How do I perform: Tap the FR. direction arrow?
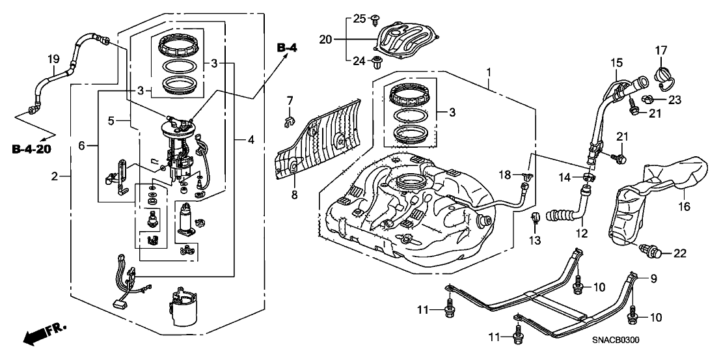(x=44, y=334)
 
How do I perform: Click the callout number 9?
(x=653, y=279)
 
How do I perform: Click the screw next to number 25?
(x=375, y=21)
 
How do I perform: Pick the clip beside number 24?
(x=375, y=62)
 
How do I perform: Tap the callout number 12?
(x=580, y=232)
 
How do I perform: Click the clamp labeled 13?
(x=536, y=219)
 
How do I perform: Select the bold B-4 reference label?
(x=286, y=48)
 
